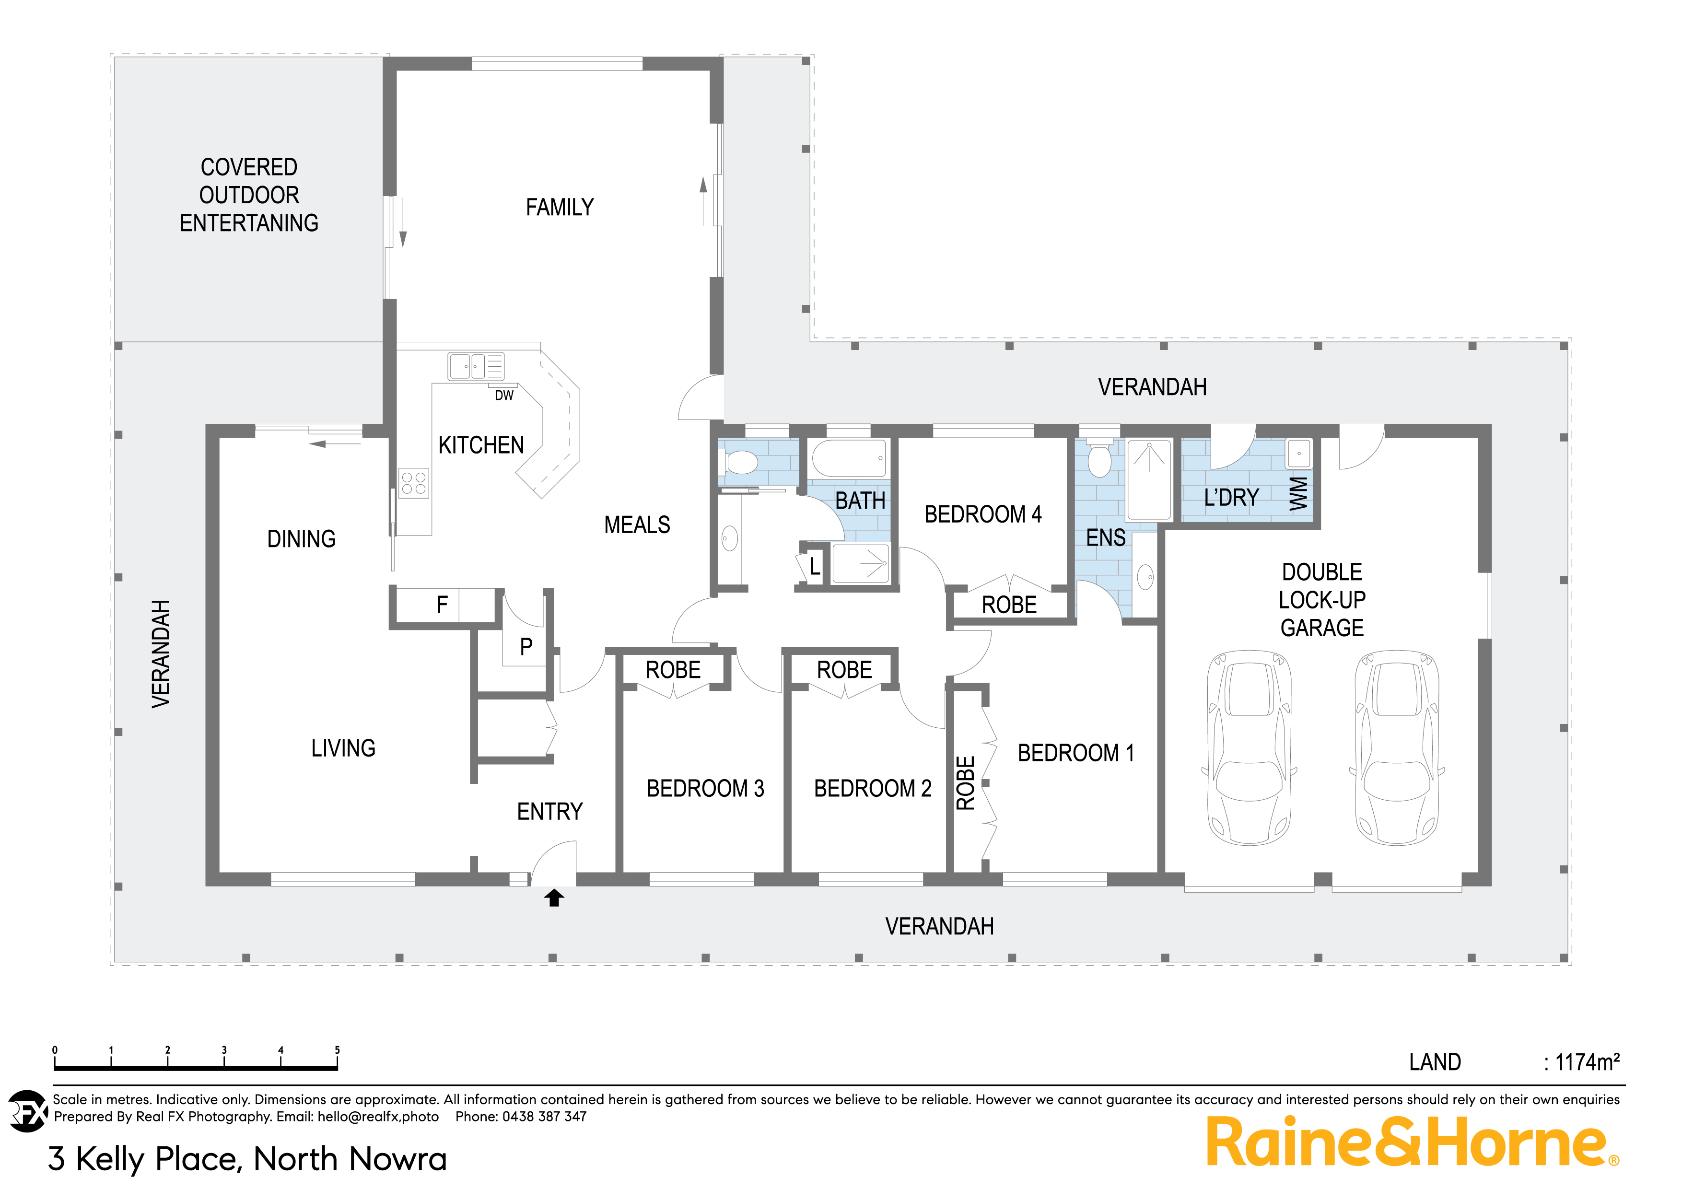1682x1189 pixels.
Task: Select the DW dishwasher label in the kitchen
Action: click(x=504, y=396)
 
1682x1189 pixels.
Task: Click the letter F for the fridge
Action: click(x=442, y=605)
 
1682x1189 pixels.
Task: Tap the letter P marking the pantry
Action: click(x=526, y=647)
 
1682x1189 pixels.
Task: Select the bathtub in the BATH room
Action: click(x=850, y=459)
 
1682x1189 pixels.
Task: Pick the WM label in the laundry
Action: click(x=1298, y=494)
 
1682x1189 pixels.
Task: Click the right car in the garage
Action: click(x=1397, y=747)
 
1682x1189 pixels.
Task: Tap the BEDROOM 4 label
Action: click(x=982, y=514)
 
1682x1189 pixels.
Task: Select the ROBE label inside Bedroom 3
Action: click(x=673, y=670)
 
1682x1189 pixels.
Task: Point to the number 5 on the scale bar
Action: click(x=337, y=1050)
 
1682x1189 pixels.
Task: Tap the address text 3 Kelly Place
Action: click(x=247, y=1159)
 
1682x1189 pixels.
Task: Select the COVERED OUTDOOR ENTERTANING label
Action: click(x=249, y=195)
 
